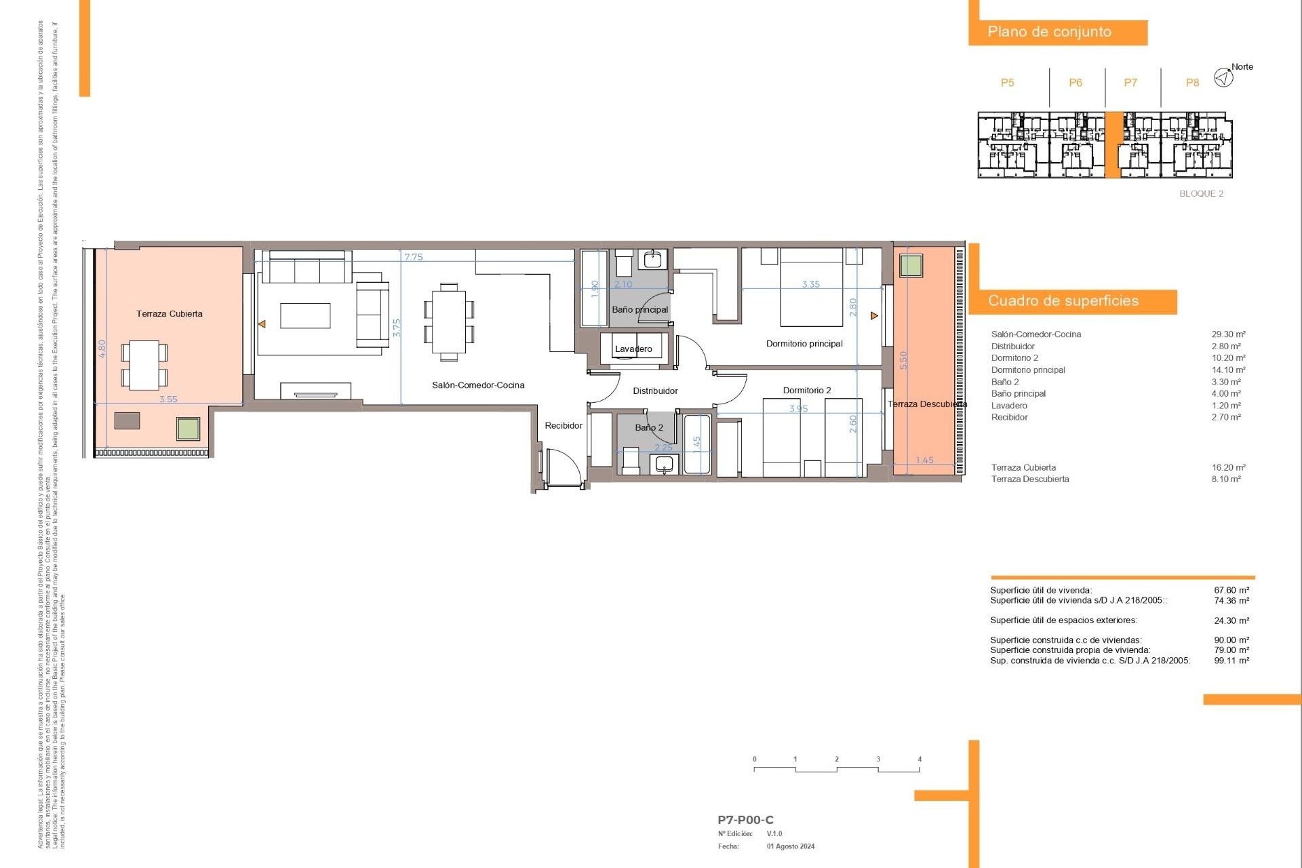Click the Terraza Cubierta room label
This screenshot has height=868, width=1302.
[169, 314]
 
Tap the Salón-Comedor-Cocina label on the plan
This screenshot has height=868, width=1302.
[478, 385]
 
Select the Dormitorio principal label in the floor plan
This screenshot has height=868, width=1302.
[804, 344]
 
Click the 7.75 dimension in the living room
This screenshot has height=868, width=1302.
[413, 257]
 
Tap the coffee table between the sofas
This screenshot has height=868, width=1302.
[305, 316]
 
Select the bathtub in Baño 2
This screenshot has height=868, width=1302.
[696, 444]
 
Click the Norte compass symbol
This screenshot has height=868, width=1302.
[1223, 77]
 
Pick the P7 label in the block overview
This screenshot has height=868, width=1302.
[1130, 83]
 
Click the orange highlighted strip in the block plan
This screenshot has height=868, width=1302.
[1113, 145]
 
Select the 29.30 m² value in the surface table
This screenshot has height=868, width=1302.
[1228, 334]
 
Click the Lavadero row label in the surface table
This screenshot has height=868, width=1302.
[1009, 406]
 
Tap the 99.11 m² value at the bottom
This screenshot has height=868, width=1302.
[1231, 660]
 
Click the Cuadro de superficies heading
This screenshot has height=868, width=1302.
[1063, 301]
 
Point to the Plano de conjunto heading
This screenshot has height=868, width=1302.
[1049, 32]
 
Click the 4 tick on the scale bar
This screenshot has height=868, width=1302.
[920, 759]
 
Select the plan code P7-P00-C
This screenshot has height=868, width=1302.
[745, 820]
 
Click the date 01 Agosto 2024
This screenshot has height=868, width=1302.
[791, 846]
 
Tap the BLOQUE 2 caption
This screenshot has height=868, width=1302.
[1201, 194]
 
